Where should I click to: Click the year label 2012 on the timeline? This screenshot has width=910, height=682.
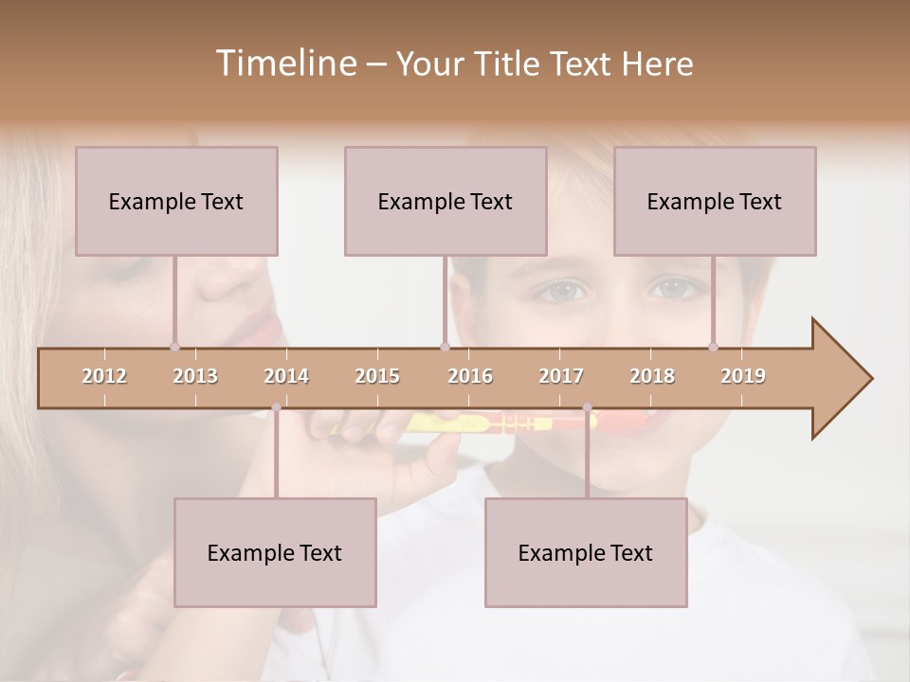(x=104, y=376)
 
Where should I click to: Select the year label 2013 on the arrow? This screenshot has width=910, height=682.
(x=195, y=376)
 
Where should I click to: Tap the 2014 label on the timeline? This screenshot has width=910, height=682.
(x=286, y=376)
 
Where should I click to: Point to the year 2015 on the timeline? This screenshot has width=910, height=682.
(x=377, y=376)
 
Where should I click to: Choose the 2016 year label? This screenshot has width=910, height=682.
(x=470, y=376)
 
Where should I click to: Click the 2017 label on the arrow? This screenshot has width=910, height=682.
(x=561, y=376)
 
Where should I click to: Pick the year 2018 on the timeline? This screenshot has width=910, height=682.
(x=652, y=376)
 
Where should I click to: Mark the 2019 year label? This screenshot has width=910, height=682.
(x=743, y=376)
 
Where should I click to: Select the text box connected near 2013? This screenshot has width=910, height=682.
(x=176, y=201)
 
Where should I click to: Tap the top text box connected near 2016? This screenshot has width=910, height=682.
(x=446, y=201)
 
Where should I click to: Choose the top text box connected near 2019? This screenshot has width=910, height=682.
(x=715, y=201)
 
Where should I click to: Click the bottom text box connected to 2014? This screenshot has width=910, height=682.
(x=275, y=552)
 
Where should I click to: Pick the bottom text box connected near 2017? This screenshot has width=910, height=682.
(x=586, y=552)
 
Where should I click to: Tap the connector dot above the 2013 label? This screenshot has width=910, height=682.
(x=174, y=348)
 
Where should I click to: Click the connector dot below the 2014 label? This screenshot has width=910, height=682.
(x=276, y=407)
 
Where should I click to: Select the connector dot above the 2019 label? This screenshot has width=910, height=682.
(x=713, y=348)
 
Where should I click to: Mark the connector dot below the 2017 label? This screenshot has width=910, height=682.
(x=587, y=407)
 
